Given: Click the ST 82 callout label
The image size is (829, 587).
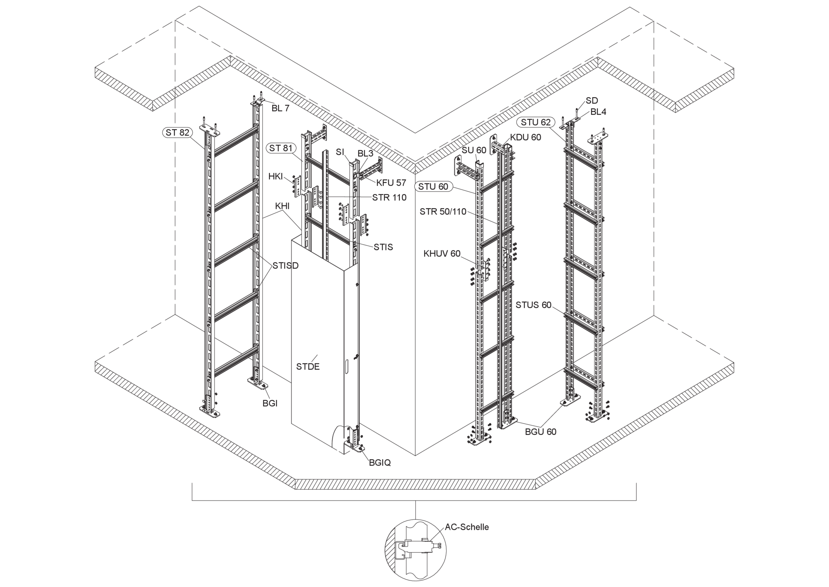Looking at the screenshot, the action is coord(177,133).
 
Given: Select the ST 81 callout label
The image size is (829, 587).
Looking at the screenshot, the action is coord(281,148).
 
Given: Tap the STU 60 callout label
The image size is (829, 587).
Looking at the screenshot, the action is coord(433,187).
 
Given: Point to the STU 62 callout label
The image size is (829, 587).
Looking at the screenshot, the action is coord(536,122).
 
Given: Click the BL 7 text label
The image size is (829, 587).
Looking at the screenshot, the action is coord(281,108).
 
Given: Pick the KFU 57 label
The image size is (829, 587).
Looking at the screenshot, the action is coord(391,183).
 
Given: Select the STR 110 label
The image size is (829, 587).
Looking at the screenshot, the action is coord(389,197).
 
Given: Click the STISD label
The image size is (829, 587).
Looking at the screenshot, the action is coord(286,265).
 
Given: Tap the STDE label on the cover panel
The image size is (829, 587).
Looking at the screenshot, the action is coord(308,366).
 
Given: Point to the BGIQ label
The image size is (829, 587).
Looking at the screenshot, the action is coord(380,463).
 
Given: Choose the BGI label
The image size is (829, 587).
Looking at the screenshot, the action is coord(270,403).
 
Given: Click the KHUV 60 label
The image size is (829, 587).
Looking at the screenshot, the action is coord(442,254).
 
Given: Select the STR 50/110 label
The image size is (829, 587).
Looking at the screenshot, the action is coord(443,211).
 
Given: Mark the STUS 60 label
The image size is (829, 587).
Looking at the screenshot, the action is coord(533,305).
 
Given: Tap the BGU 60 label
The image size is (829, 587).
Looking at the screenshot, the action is coord(540,432).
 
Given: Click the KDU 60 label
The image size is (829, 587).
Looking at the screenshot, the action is coord(525,137).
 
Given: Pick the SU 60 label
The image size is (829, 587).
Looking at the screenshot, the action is coord(474,150).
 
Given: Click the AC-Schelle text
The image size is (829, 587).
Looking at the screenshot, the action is coord(467,527).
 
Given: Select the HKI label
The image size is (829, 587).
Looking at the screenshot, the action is coord(276,176).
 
